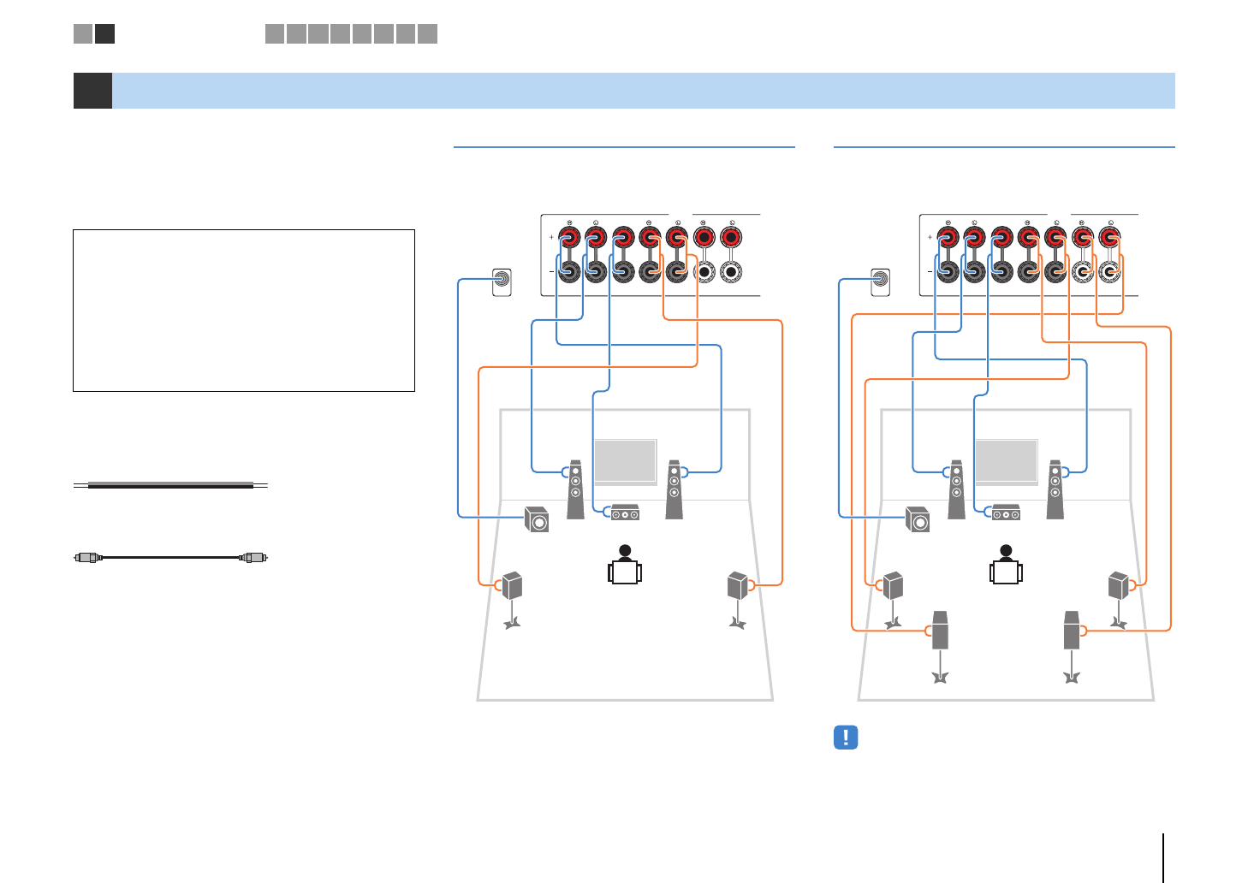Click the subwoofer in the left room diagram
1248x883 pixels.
537,519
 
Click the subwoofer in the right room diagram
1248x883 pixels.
918,519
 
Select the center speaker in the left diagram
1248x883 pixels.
625,513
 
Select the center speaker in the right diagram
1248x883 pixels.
1006,513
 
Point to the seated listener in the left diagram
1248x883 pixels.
625,566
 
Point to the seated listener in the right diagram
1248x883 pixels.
1006,566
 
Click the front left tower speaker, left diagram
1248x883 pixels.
575,489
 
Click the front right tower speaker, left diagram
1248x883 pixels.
675,489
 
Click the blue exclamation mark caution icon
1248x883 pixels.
846,738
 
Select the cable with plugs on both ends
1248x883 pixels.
171,557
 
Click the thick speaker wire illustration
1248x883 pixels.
171,485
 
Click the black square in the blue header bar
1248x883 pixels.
92,91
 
